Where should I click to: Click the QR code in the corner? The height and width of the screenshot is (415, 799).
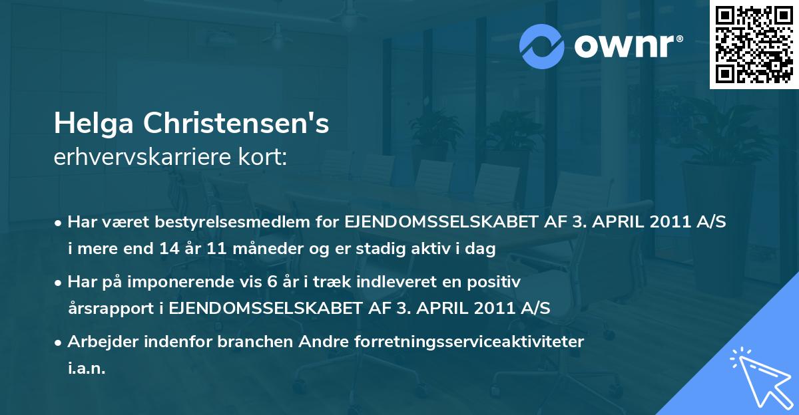754,44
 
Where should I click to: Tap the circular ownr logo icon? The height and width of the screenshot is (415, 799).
541,47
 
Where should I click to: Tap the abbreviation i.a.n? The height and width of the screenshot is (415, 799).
87,368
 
